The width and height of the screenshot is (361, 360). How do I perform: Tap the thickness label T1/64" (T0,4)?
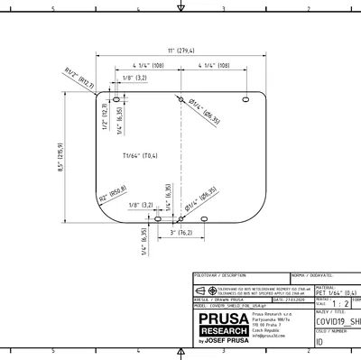point(140,156)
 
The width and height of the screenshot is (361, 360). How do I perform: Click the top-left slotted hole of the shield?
point(117,99)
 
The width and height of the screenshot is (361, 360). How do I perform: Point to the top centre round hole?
point(180,99)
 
